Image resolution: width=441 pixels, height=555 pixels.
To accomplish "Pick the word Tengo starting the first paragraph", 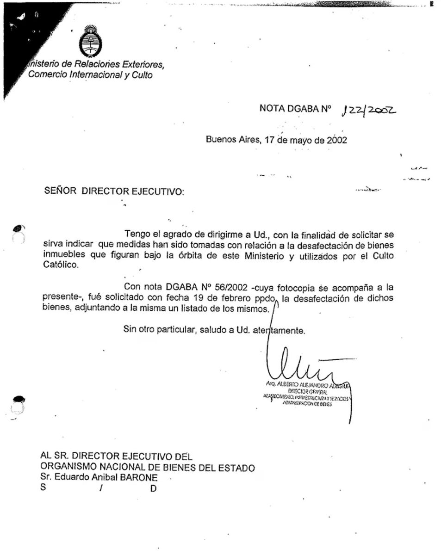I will tap(136, 234).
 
